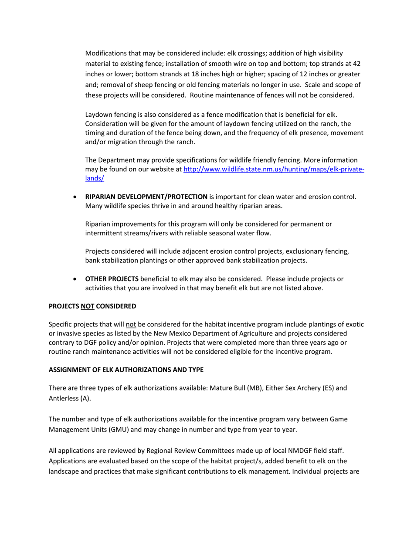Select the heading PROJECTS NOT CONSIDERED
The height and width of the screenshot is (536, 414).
[x=92, y=306]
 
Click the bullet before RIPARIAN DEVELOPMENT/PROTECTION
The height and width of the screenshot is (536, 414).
[x=76, y=197]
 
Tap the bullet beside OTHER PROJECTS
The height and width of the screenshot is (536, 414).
[x=76, y=279]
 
